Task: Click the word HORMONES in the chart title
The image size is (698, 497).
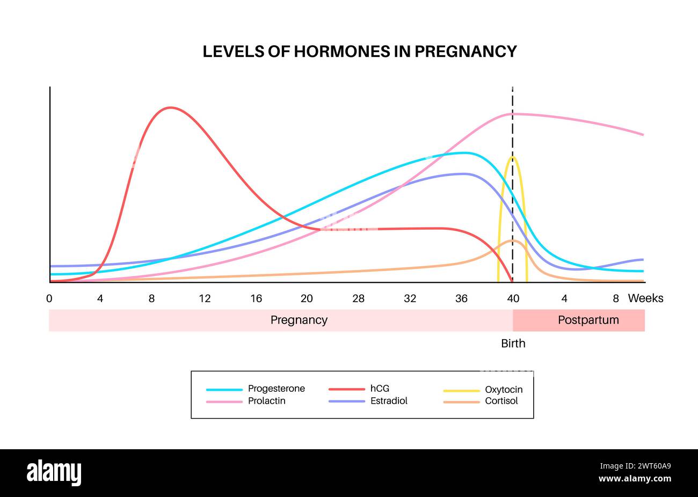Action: (x=342, y=52)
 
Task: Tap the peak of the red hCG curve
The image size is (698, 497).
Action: (x=170, y=108)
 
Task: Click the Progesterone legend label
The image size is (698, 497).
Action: (x=277, y=389)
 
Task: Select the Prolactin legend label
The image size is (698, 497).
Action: (x=267, y=401)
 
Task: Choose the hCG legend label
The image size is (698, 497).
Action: (x=380, y=389)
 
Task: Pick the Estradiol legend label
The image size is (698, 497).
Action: (x=389, y=401)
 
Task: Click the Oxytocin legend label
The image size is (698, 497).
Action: (x=504, y=390)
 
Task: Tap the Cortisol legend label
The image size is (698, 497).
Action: (x=501, y=401)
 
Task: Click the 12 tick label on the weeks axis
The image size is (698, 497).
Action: (x=205, y=298)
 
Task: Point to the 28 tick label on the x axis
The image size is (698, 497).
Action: (x=358, y=298)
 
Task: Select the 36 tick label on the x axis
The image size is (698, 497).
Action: (x=462, y=298)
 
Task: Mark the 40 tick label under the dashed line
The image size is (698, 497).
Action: (x=513, y=298)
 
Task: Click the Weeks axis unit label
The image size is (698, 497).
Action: (x=645, y=298)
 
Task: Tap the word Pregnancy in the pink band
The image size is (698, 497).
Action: (x=299, y=320)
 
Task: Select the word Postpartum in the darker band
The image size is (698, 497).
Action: (x=588, y=320)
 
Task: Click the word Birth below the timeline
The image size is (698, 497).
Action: (x=513, y=343)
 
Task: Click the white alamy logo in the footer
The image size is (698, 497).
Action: (x=54, y=472)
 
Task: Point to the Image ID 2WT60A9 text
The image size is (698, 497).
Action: (x=635, y=466)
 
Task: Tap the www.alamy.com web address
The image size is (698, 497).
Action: (x=635, y=479)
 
